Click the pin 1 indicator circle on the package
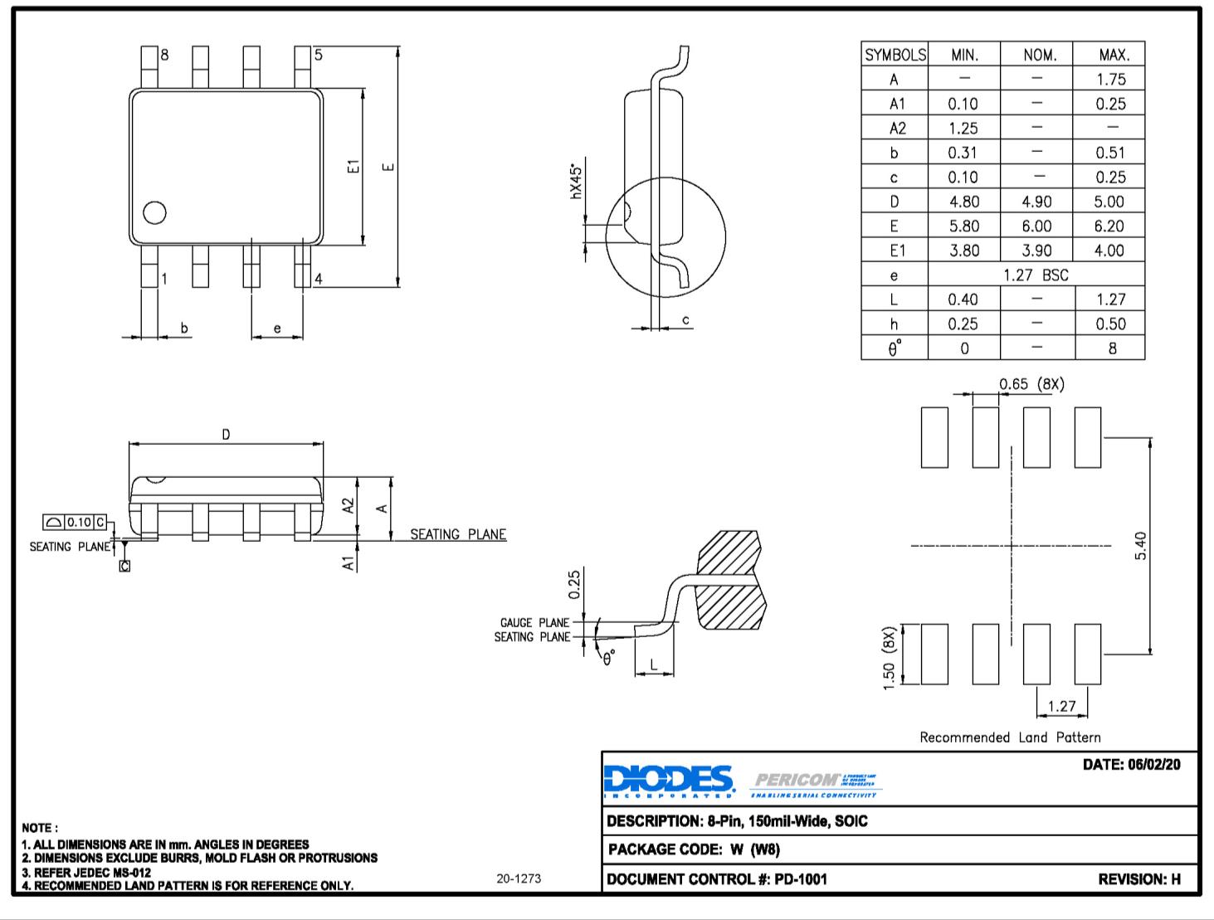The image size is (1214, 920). click(154, 213)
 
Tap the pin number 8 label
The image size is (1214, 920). click(164, 56)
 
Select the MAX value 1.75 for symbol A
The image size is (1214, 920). click(1110, 80)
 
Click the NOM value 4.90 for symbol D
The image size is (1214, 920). click(1036, 202)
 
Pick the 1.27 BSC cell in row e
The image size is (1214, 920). click(1036, 275)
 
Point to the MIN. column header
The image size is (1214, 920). click(964, 55)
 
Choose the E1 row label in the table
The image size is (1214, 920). click(895, 251)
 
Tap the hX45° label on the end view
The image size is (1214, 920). click(577, 181)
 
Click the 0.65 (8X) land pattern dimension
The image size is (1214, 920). click(1031, 384)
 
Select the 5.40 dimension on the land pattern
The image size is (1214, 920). click(1140, 546)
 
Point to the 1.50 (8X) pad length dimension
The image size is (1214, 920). click(890, 657)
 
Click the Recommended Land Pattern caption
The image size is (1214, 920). click(1010, 737)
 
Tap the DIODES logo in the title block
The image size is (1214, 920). click(669, 780)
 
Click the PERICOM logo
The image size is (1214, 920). click(816, 781)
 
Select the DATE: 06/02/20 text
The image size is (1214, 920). click(1131, 764)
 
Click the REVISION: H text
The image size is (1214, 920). click(1138, 879)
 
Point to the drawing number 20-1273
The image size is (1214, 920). click(519, 879)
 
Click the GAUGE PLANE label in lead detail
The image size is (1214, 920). click(534, 623)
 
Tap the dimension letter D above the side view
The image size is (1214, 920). click(226, 434)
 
